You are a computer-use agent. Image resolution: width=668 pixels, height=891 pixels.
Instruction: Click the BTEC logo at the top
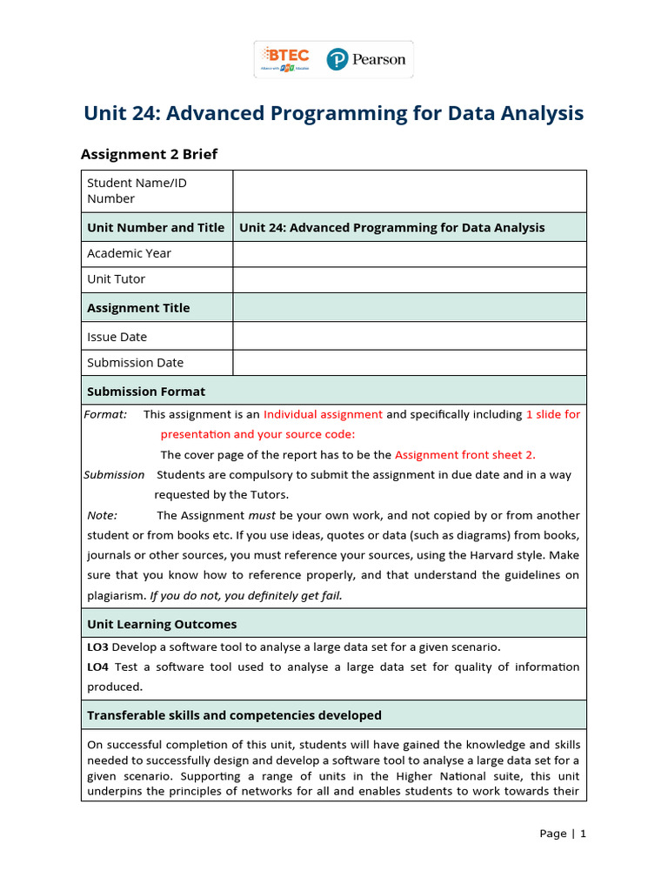pos(285,59)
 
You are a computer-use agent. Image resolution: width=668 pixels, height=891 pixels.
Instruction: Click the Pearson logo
pos(366,59)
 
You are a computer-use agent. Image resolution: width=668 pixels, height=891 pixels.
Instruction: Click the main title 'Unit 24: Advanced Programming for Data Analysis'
pos(333,114)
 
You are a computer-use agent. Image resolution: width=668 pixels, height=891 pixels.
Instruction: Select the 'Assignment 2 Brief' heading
pos(149,154)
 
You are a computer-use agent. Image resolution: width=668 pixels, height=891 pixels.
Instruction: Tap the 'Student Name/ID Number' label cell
pos(137,191)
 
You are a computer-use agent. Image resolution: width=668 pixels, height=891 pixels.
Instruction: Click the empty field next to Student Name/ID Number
pos(409,191)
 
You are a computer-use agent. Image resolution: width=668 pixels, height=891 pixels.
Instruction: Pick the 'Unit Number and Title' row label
pos(156,227)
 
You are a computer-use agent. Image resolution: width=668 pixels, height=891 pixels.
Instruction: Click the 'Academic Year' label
pos(129,253)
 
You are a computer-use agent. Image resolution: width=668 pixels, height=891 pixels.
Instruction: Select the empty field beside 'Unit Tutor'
pos(409,279)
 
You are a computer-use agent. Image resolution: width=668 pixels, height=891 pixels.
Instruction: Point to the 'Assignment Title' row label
pos(138,308)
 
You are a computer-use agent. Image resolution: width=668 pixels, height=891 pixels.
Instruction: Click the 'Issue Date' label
pos(117,337)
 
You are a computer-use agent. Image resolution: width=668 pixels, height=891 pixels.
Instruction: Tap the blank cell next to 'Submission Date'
pos(409,363)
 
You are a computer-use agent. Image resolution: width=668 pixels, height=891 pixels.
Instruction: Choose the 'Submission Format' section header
pos(146,392)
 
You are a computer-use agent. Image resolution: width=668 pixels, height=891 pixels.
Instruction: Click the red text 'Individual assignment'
pos(323,414)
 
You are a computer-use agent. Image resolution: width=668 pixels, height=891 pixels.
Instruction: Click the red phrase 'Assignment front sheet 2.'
pos(465,454)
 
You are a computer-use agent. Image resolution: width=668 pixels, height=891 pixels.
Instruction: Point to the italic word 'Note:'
pos(103,515)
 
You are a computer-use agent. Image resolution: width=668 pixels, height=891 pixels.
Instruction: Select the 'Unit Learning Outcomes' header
pos(162,624)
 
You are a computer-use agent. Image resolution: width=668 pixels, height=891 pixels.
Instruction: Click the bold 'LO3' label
pos(97,646)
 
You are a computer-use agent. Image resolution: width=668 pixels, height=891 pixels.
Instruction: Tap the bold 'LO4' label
pos(97,667)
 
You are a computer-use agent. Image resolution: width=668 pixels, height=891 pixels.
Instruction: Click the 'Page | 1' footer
pos(562,834)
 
